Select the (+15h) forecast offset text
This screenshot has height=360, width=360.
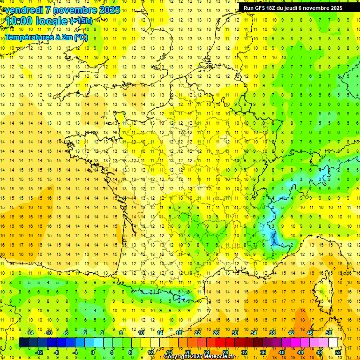click(81, 21)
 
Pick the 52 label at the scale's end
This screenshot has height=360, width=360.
click(338, 352)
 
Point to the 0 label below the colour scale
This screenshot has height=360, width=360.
click(93, 352)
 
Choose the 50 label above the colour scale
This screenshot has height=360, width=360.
click(328, 333)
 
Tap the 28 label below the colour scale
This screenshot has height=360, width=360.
click(225, 352)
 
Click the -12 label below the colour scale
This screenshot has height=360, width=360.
click(39, 352)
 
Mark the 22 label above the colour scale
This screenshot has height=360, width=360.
click(197, 333)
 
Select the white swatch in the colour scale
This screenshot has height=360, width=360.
click(333, 343)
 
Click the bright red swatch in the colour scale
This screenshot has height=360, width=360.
click(221, 343)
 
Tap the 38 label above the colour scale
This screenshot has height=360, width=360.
click(272, 333)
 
